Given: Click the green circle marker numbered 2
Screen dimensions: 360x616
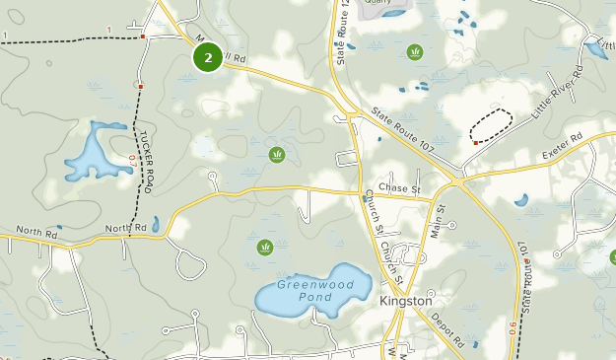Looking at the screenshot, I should (x=207, y=56).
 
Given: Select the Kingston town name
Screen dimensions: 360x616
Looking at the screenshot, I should (x=406, y=300).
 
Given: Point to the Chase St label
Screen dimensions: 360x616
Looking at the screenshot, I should (x=399, y=188).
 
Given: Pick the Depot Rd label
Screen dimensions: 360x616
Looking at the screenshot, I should (x=447, y=329).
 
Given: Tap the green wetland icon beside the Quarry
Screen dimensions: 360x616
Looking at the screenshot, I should (x=415, y=51).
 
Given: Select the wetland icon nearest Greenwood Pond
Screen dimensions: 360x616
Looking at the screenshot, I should (x=264, y=247).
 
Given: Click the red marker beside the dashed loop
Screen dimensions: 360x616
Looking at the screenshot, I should (x=476, y=143).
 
